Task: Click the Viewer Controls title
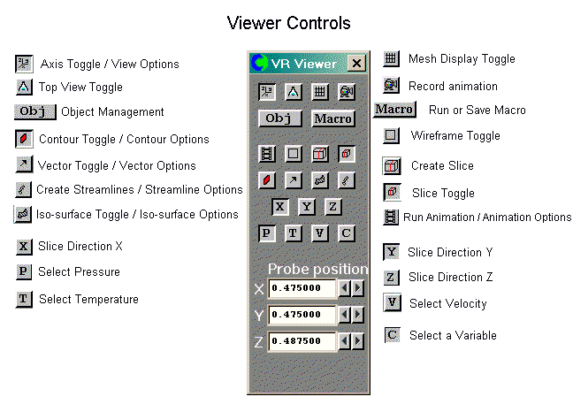coord(288,22)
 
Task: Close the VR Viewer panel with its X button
coord(355,63)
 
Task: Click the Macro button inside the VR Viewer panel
coord(333,118)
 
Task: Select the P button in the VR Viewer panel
coord(265,233)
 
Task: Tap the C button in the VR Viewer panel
coord(347,233)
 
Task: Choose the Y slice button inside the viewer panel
coord(307,207)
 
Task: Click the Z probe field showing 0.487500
coord(302,340)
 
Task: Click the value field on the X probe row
coord(302,288)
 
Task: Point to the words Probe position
coord(317,269)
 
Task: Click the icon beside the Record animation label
coord(392,86)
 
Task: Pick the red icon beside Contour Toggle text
coord(24,139)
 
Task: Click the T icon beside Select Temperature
coord(24,299)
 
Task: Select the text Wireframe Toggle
coord(455,136)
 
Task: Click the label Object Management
coord(112,112)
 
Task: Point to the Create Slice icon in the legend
coord(392,165)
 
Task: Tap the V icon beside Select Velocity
coord(392,303)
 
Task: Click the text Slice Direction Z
coord(450,278)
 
